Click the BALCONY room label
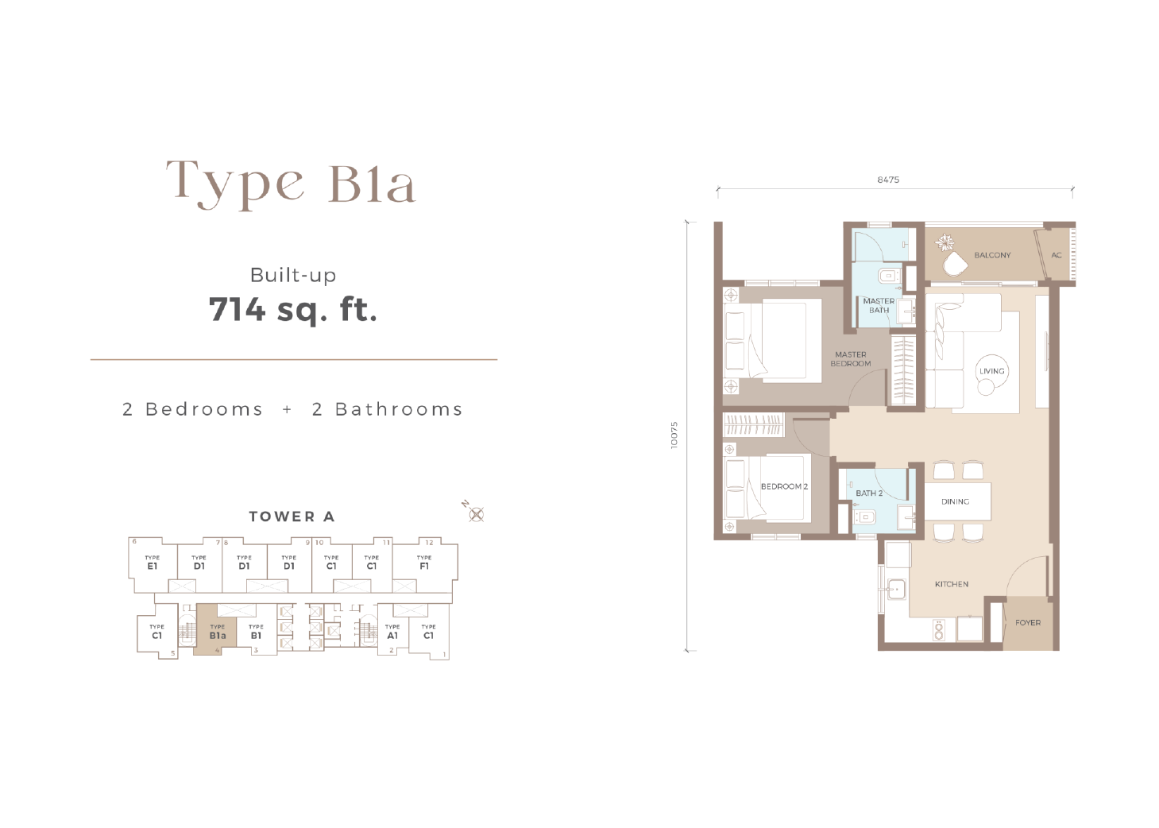tap(992, 255)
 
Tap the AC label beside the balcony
tap(1057, 255)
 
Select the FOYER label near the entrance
tap(1028, 622)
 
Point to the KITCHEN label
tap(952, 584)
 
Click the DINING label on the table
tap(955, 501)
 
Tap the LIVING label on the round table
tap(992, 371)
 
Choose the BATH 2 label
tap(869, 493)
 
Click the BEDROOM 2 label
tap(784, 486)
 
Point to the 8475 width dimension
tap(888, 180)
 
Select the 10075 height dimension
tap(674, 435)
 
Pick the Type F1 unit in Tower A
tap(424, 564)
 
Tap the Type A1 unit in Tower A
tap(392, 632)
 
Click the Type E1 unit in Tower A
tap(152, 564)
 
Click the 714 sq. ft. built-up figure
tap(293, 309)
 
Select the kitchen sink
tap(895, 588)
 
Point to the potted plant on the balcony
tap(948, 242)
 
